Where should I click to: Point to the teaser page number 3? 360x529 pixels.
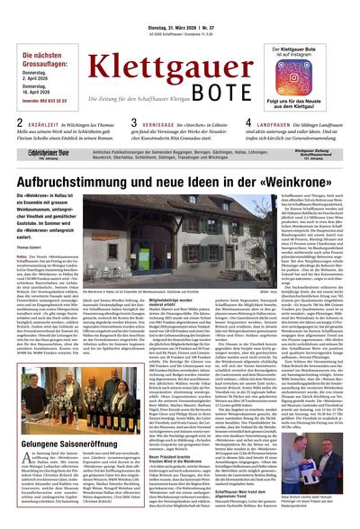click(x=133, y=121)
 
